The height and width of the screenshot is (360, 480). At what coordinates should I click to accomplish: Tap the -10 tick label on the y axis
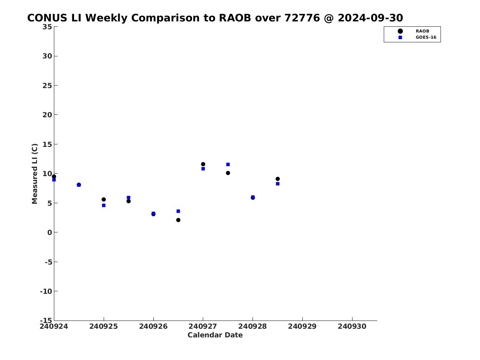tap(46, 291)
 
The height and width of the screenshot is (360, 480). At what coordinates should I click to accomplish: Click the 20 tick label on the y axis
tap(47, 115)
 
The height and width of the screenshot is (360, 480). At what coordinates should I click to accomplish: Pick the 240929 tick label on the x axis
tap(302, 326)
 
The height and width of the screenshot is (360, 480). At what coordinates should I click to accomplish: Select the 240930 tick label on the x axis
tap(352, 326)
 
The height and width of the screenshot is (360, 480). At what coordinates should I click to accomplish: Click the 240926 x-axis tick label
tap(153, 326)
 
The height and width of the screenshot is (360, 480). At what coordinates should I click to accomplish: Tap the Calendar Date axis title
tap(215, 335)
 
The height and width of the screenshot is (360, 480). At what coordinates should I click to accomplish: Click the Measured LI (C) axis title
tap(35, 174)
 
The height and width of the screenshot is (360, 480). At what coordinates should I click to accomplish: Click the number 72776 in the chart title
tap(302, 18)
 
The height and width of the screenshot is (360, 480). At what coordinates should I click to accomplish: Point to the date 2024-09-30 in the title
tap(371, 18)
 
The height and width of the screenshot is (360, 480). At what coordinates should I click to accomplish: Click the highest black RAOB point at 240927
tap(203, 164)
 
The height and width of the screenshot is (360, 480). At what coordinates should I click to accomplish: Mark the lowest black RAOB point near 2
tap(178, 220)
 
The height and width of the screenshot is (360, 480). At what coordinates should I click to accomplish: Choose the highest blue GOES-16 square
tap(228, 165)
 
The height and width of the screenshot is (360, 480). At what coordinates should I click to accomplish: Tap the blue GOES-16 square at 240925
tap(104, 205)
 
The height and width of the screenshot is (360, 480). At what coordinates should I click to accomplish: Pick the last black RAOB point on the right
tap(278, 179)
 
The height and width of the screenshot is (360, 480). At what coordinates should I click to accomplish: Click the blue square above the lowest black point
tap(178, 211)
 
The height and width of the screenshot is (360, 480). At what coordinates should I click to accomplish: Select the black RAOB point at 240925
tap(104, 199)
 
